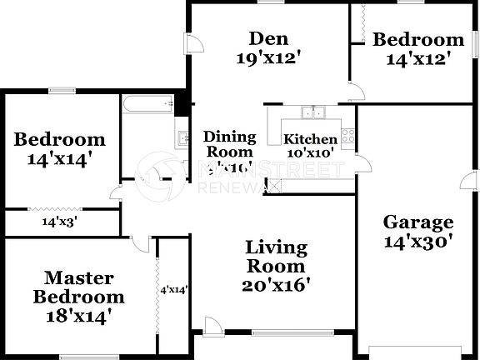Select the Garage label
tap(417, 222)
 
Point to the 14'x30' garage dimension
tap(417, 242)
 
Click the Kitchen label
tap(310, 139)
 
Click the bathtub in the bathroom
tap(147, 105)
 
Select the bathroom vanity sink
tap(181, 138)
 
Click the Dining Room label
tap(228, 144)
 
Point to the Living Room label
tap(276, 257)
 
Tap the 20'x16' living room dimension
tap(276, 285)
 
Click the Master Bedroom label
tap(78, 287)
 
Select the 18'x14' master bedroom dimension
tap(78, 316)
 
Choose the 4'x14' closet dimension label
tap(173, 290)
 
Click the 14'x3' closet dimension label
tap(60, 222)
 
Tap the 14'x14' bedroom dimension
tap(60, 158)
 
